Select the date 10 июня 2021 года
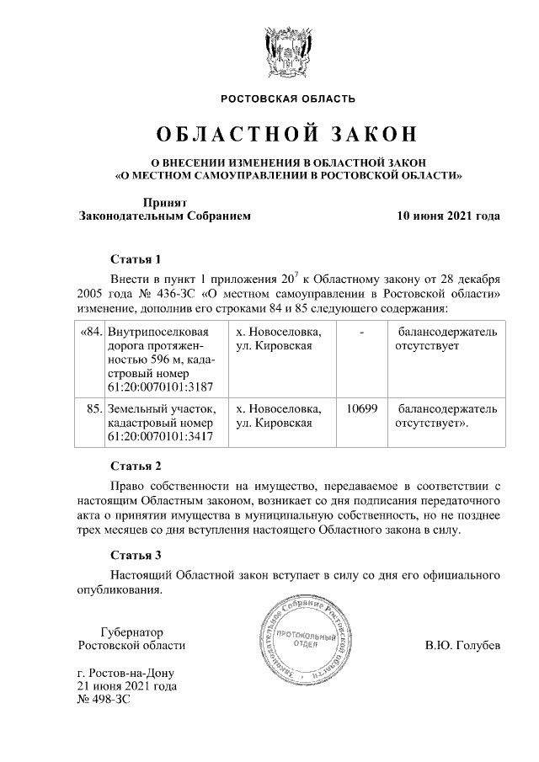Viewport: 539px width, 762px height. (x=449, y=216)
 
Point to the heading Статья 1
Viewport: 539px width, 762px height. (x=136, y=258)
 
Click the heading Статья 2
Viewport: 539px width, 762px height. (x=136, y=466)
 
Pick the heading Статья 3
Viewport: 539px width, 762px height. (x=136, y=554)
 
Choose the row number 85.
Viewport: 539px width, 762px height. (x=94, y=408)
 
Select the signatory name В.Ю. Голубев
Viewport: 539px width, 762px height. (x=463, y=646)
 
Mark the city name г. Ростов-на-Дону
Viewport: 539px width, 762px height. (x=125, y=673)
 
